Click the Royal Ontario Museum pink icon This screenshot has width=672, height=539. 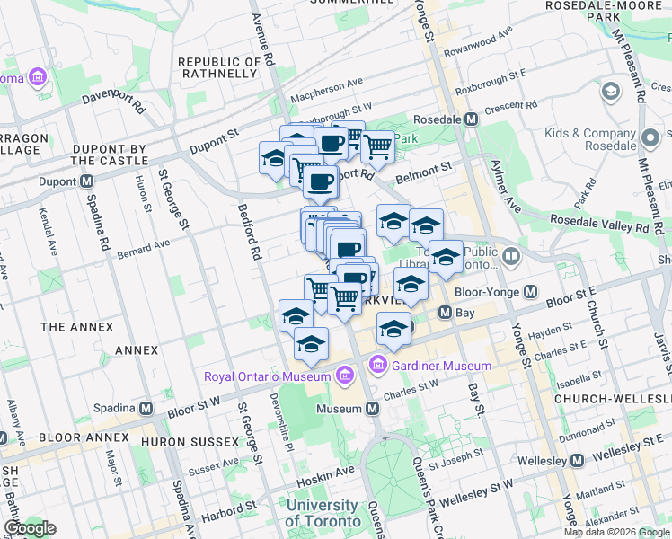click(343, 376)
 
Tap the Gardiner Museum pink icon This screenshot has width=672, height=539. click(377, 365)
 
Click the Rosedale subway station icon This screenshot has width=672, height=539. click(471, 119)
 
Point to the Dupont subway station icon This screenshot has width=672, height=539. click(87, 181)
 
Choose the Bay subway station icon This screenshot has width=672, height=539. click(444, 313)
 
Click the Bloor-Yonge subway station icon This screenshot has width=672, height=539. click(530, 292)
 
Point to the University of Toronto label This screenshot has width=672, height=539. click(321, 513)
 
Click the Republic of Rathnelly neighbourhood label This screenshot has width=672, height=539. click(219, 67)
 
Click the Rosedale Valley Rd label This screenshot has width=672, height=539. click(597, 228)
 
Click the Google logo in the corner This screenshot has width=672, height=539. click(30, 528)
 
